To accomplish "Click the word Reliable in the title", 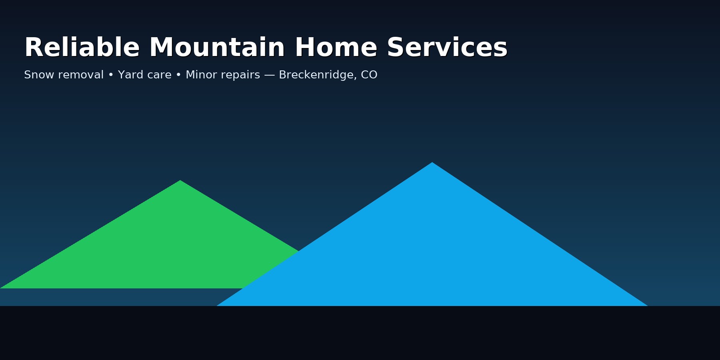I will point(82,48).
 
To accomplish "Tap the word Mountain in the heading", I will point(217,48).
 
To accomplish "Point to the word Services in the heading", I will point(447,48).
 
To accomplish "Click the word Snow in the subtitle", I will point(37,75).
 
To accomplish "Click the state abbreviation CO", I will point(369,75).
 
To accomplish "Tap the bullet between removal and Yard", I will point(111,75).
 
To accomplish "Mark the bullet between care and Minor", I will point(178,75).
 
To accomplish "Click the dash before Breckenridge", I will point(269,75).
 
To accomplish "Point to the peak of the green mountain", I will point(180,181).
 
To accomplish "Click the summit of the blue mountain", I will point(432,163).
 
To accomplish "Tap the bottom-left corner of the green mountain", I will point(1,288).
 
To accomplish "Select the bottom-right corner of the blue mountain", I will point(647,306).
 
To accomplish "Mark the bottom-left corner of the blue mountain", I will point(218,306).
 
